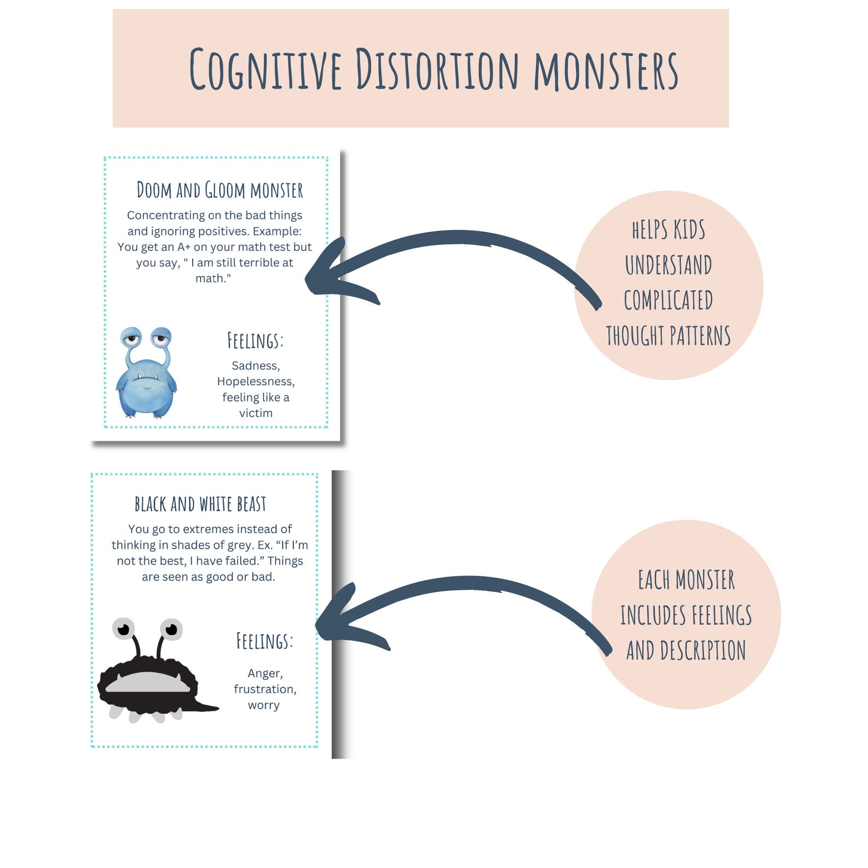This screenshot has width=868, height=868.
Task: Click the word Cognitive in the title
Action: click(266, 69)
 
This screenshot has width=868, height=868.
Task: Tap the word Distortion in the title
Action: click(437, 69)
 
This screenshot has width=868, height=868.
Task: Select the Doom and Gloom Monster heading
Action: click(220, 190)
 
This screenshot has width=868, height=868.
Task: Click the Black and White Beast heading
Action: click(201, 504)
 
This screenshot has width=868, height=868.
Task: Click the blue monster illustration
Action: click(146, 374)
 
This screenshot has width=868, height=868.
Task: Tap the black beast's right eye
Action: click(172, 629)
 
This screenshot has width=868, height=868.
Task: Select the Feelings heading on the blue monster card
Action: click(255, 341)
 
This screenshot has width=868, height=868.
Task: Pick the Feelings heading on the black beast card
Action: click(265, 641)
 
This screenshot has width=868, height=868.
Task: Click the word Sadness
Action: click(255, 366)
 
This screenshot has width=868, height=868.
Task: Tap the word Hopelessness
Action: click(255, 382)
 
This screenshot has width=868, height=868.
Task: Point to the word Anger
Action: click(265, 673)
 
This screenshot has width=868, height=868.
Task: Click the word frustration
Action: click(265, 689)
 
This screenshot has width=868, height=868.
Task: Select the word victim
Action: click(255, 413)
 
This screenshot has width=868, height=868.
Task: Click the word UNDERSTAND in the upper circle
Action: click(668, 265)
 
